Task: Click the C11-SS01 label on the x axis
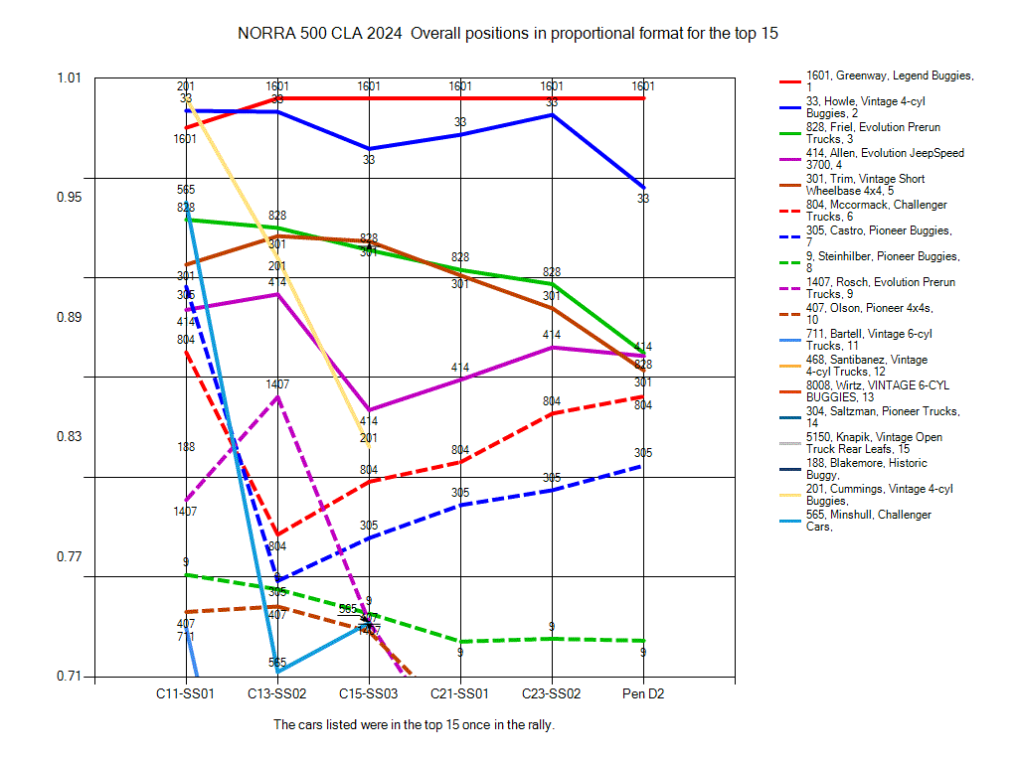point(186,692)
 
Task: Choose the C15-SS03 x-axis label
point(369,692)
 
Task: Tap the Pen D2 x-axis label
point(643,692)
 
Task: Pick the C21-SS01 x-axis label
point(460,692)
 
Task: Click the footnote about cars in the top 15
point(414,725)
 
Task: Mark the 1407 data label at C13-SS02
point(277,384)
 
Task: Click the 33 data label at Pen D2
point(643,199)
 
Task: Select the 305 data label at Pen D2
point(643,453)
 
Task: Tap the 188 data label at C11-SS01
point(186,447)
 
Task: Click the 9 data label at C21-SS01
point(460,653)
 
